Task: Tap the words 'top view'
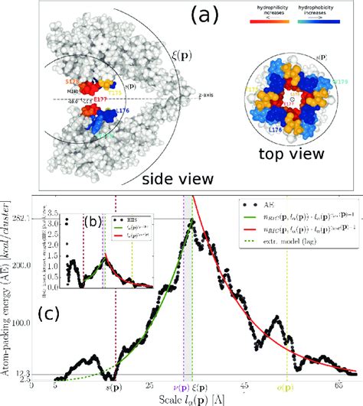302,156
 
